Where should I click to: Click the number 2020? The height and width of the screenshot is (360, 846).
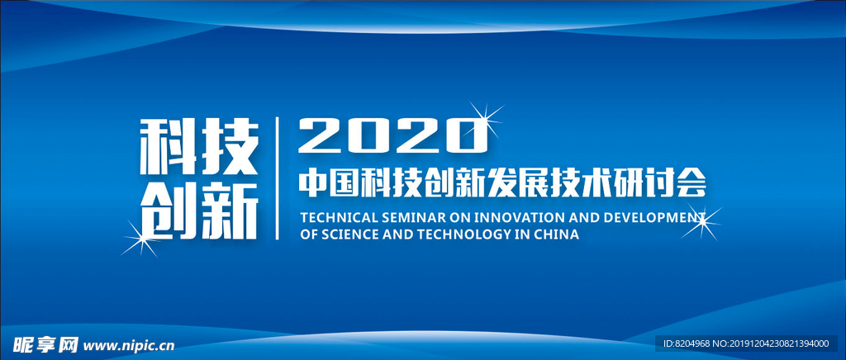[392, 135]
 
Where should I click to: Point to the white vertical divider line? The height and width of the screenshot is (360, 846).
[278, 178]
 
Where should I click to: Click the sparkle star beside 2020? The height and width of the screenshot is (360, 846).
[485, 119]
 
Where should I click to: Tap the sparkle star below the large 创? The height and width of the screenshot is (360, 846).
[141, 238]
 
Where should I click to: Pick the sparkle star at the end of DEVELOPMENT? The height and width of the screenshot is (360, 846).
[701, 221]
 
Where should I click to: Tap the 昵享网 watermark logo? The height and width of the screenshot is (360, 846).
[45, 344]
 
